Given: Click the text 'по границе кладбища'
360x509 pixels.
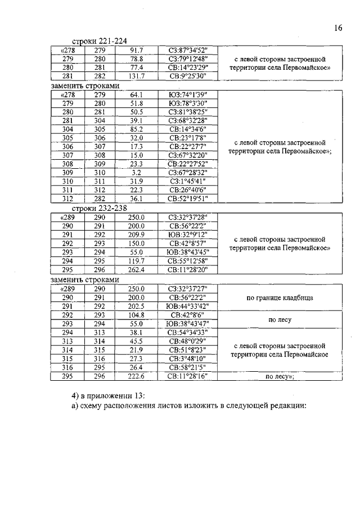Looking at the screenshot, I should [x=280, y=298].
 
